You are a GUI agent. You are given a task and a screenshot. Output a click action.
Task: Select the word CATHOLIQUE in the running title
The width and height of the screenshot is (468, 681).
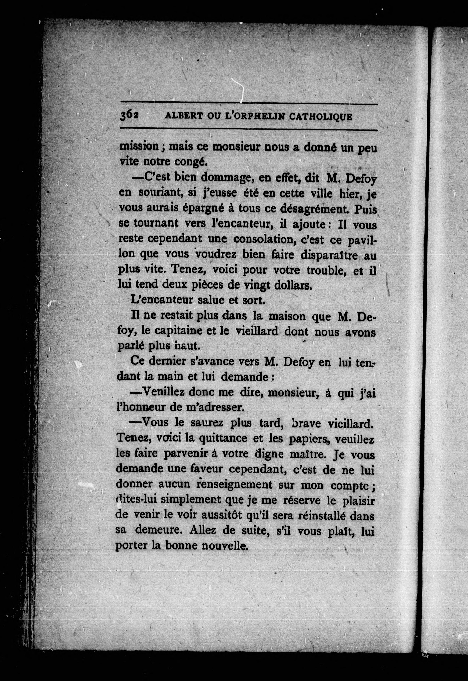(x=321, y=117)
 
